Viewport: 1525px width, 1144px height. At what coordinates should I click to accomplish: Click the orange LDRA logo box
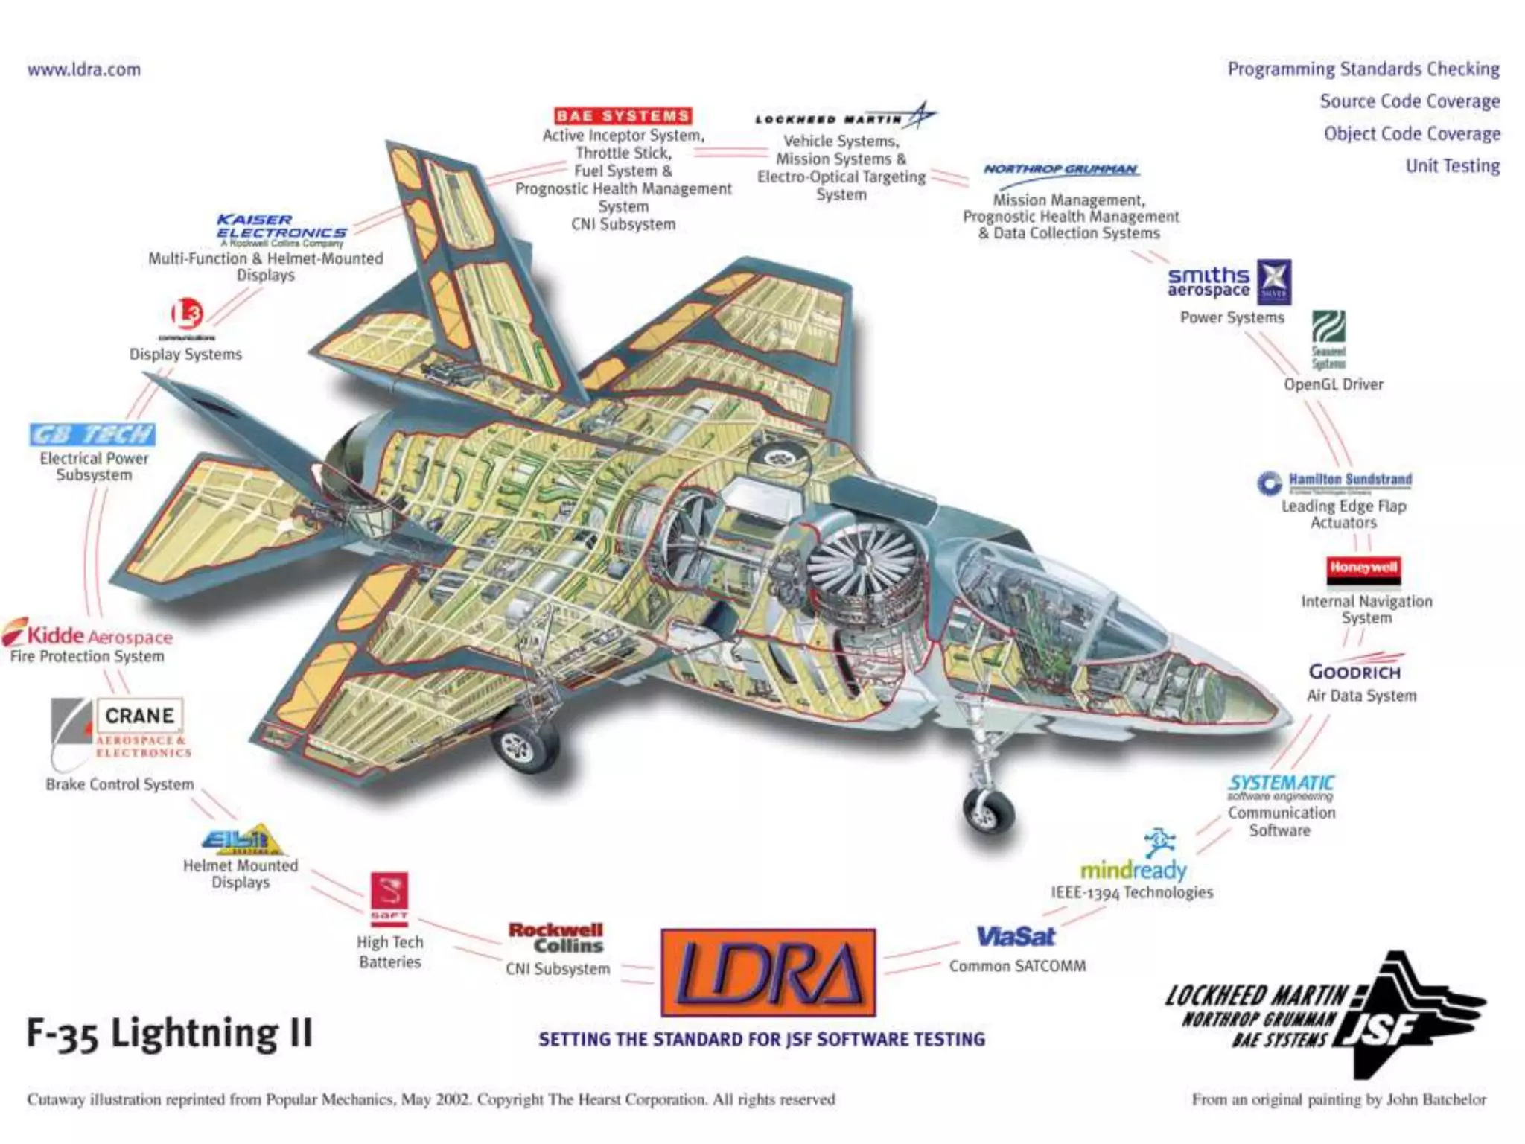click(768, 972)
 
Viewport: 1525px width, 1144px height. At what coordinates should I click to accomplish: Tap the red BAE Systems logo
click(623, 115)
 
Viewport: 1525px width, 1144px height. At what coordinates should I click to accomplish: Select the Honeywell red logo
click(1363, 568)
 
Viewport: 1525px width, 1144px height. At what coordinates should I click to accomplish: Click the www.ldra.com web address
click(84, 70)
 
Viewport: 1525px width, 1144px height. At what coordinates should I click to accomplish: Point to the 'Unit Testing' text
click(1452, 165)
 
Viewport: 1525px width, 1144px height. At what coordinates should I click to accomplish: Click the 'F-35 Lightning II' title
click(170, 1034)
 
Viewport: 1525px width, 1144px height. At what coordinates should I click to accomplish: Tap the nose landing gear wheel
click(987, 810)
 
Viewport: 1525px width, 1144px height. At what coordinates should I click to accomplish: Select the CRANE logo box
click(139, 716)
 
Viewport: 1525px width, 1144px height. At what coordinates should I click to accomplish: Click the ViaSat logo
click(1016, 936)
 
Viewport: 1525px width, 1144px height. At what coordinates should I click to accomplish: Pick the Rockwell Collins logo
click(557, 938)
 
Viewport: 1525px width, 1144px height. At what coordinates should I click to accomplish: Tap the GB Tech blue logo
click(92, 434)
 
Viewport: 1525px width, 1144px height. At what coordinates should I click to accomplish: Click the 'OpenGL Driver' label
click(1333, 384)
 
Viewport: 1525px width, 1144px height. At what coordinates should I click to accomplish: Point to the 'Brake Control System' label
click(120, 784)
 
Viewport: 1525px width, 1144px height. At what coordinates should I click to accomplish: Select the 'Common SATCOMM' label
click(1017, 966)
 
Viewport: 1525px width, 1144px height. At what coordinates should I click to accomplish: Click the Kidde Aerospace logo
click(88, 635)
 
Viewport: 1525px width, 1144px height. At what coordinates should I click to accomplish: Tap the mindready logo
click(1133, 868)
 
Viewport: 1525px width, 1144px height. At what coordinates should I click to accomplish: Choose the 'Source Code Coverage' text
click(1410, 101)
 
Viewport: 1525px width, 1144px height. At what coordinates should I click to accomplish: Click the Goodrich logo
click(1354, 671)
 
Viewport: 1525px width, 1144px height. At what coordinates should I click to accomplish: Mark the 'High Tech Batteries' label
click(390, 952)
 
